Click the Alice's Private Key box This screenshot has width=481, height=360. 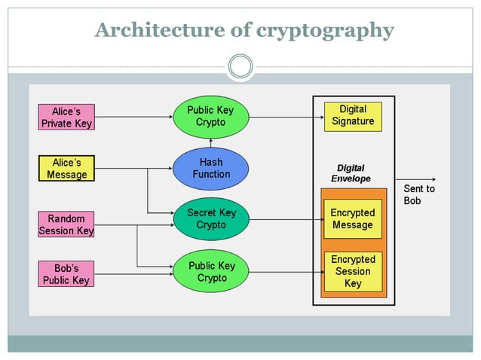tap(66, 117)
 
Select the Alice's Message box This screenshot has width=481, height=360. tap(66, 169)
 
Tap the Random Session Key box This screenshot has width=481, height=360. tap(66, 224)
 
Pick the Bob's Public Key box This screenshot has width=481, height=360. tap(66, 274)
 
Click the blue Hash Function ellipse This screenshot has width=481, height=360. tap(211, 169)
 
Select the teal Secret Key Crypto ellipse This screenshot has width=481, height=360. tap(211, 219)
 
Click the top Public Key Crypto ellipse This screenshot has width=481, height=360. tap(211, 116)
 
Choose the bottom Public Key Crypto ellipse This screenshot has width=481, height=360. tap(211, 272)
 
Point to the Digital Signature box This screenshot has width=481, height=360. tap(353, 116)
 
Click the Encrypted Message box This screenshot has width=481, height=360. tap(353, 219)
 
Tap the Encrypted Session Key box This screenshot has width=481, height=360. tap(353, 271)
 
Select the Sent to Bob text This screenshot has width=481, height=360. tap(419, 195)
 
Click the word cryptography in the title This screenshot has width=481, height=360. tap(325, 31)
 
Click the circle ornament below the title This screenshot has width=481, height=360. tap(240, 67)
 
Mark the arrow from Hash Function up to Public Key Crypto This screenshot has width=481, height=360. tap(211, 143)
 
